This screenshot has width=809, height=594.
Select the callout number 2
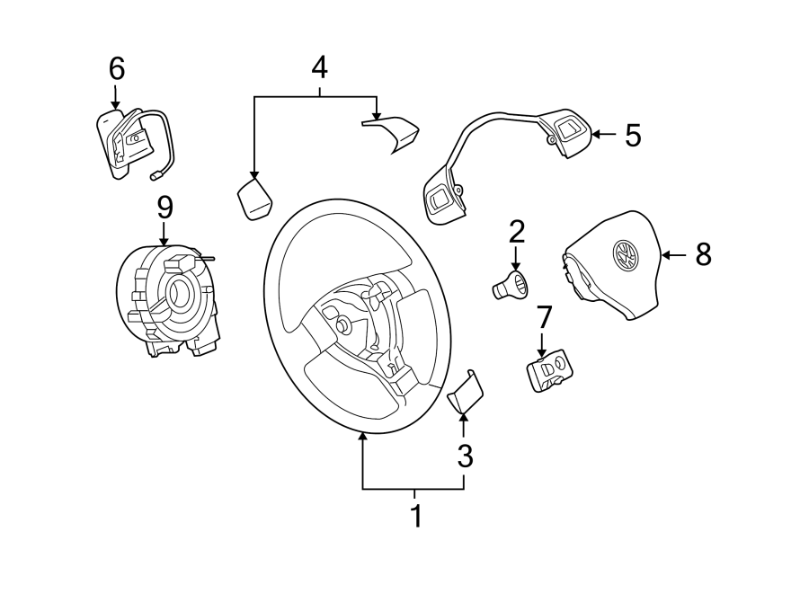[516, 232]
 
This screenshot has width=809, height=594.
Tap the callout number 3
[464, 457]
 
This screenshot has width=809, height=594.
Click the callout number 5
[633, 136]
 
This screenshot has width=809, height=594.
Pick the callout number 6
[116, 67]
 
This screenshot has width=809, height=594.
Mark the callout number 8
[702, 255]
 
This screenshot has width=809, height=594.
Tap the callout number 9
[164, 208]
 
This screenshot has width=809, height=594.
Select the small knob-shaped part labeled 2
[510, 286]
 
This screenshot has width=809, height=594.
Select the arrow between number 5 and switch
[604, 136]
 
